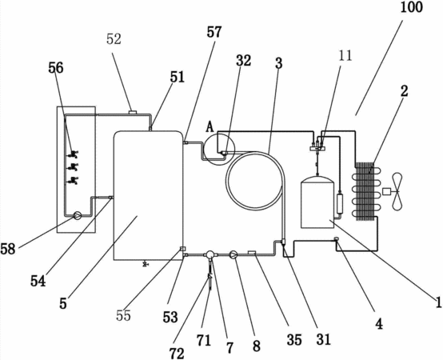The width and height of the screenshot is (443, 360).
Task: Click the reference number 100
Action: click(x=412, y=7)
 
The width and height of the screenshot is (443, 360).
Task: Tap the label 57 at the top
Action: click(x=214, y=32)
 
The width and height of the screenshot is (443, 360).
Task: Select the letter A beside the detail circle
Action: click(x=210, y=127)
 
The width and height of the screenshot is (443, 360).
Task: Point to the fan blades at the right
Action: click(x=397, y=192)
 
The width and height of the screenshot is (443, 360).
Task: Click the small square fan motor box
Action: click(x=386, y=191)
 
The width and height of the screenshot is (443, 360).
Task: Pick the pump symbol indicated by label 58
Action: click(x=77, y=216)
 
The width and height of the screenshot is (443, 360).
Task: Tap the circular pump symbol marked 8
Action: click(x=233, y=255)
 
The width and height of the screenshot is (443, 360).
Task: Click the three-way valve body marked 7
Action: click(x=210, y=255)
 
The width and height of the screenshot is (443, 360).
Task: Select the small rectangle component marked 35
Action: click(x=251, y=252)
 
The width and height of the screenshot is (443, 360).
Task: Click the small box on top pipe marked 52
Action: click(x=133, y=112)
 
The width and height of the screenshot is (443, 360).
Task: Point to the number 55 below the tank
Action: click(x=123, y=315)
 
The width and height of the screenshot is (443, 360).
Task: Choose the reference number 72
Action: click(x=177, y=353)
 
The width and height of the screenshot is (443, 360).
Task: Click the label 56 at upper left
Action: click(x=56, y=68)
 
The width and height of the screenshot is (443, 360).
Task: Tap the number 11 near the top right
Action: click(x=345, y=56)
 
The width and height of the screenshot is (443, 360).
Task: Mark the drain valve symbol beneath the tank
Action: click(x=146, y=264)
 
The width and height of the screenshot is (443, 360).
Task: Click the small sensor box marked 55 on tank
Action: click(x=183, y=249)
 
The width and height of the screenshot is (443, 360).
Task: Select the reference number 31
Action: click(x=324, y=339)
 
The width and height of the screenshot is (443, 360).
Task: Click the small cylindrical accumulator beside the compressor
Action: click(x=340, y=203)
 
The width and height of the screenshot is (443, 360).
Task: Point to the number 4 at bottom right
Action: click(x=379, y=323)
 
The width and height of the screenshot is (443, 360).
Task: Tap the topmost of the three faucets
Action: click(x=74, y=154)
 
